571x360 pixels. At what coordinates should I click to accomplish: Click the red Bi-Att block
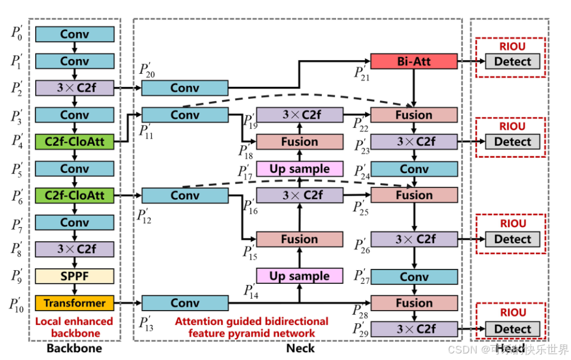413,61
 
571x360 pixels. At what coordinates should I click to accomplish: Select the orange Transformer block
74,303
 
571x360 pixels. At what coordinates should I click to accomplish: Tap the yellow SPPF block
74,276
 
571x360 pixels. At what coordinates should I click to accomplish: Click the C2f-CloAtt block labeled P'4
74,142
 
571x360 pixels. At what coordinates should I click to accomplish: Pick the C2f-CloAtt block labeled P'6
74,195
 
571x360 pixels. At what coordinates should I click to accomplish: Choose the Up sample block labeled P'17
299,169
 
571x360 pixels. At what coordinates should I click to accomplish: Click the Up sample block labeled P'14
299,276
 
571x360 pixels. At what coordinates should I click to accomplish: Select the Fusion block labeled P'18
299,142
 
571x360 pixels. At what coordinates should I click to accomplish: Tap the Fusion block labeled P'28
414,303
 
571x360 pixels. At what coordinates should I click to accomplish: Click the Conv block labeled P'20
184,88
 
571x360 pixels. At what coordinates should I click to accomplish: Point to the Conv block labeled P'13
184,303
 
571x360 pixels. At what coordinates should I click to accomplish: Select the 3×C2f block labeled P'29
414,329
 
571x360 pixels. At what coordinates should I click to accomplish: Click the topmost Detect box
512,61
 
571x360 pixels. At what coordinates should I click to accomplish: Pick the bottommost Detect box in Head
512,329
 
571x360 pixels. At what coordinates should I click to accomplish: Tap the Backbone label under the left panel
74,349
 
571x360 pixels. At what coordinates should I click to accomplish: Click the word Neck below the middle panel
300,349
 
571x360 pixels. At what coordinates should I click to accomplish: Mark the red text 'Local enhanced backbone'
74,327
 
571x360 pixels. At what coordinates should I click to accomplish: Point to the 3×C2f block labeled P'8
74,249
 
